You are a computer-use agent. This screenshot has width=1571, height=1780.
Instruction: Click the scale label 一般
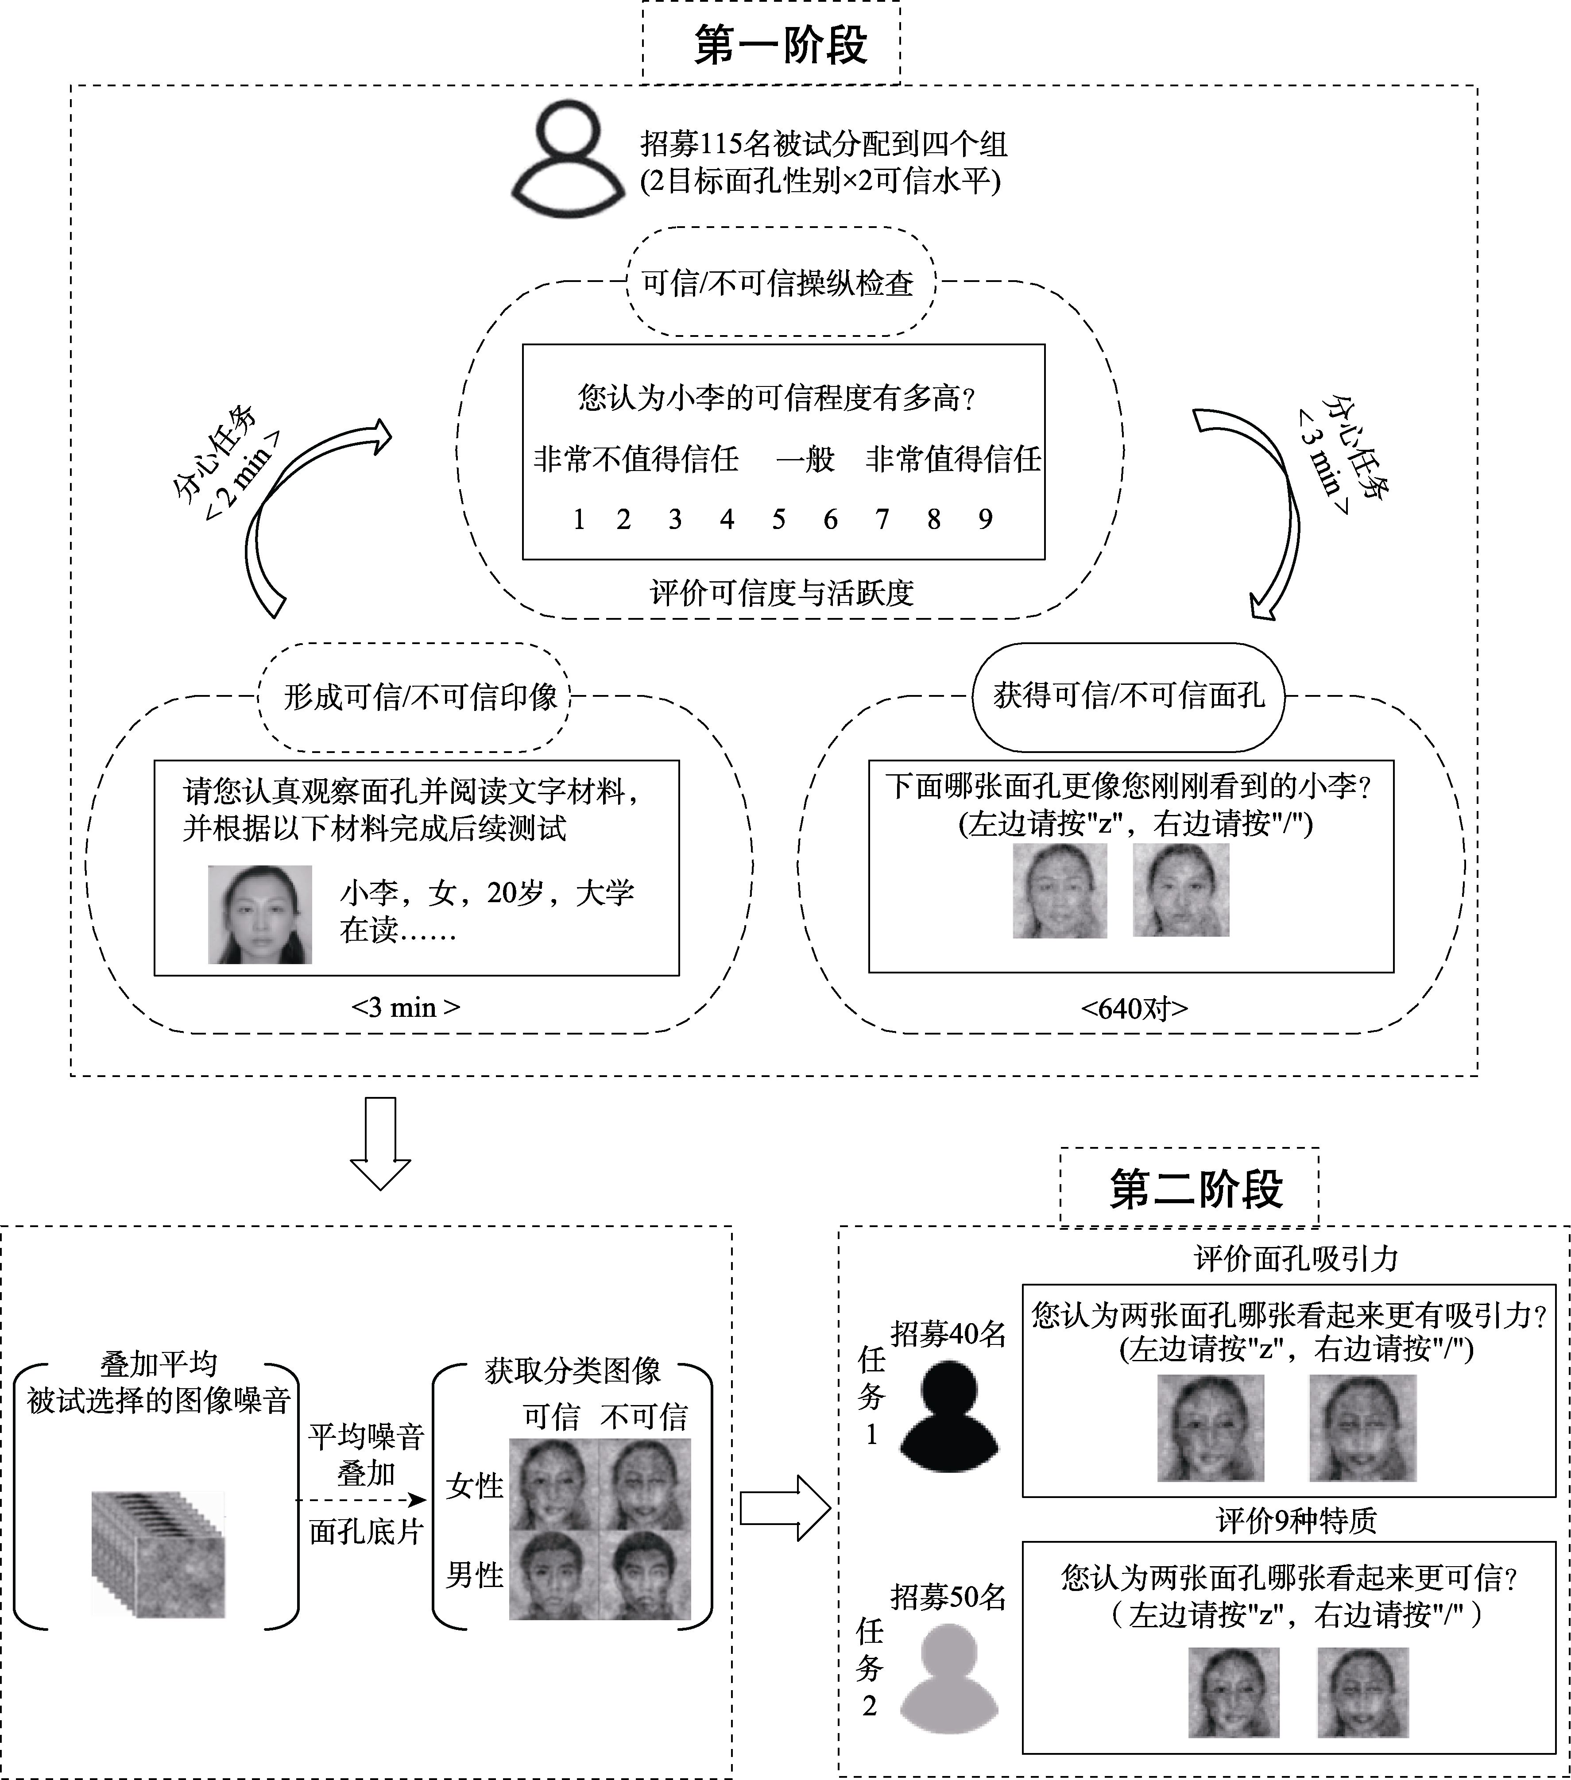[x=805, y=459]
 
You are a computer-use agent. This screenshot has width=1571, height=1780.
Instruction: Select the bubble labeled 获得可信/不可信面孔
[x=1129, y=696]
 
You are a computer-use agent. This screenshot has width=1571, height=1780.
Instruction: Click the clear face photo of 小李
[x=259, y=915]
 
